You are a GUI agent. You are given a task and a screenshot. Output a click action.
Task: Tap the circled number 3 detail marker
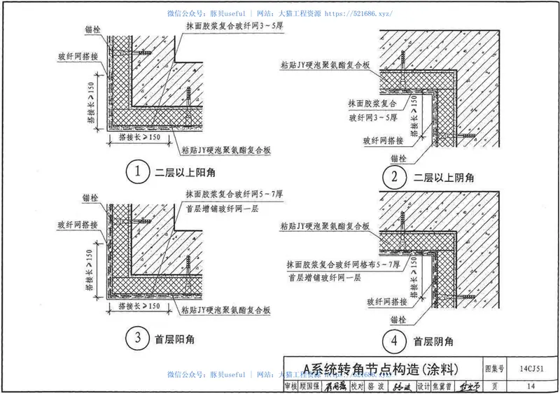point(139,339)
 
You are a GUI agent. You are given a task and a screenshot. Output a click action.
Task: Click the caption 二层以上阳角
point(183,171)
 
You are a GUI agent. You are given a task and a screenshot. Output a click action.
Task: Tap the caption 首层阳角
point(174,339)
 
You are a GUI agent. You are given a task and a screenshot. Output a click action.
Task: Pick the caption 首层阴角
point(433,342)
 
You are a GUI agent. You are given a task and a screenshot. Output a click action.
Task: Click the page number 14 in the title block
point(532,386)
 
